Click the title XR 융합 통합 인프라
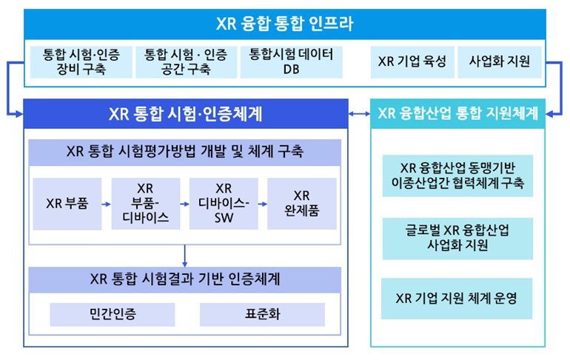pyautogui.click(x=285, y=24)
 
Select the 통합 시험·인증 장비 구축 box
pyautogui.click(x=81, y=61)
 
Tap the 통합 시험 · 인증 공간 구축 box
pyautogui.click(x=186, y=61)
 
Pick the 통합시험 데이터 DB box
pyautogui.click(x=291, y=61)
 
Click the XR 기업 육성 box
pyautogui.click(x=412, y=61)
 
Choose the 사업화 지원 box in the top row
pyautogui.click(x=500, y=61)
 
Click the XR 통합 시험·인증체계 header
pyautogui.click(x=186, y=114)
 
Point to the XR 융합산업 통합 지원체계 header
pyautogui.click(x=457, y=113)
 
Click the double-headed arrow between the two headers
pyautogui.click(x=359, y=114)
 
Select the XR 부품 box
pyautogui.click(x=67, y=204)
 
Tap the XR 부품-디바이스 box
pyautogui.click(x=145, y=204)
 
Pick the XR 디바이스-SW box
pyautogui.click(x=224, y=204)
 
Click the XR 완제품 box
pyautogui.click(x=302, y=204)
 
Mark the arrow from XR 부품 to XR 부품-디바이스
pyautogui.click(x=106, y=204)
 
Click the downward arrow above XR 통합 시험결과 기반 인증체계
pyautogui.click(x=184, y=256)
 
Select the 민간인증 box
pyautogui.click(x=113, y=314)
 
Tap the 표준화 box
pyautogui.click(x=262, y=314)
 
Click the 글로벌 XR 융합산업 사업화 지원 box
pyautogui.click(x=457, y=239)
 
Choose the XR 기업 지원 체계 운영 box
pyautogui.click(x=457, y=299)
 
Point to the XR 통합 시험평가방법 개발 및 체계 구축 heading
pyautogui.click(x=184, y=152)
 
